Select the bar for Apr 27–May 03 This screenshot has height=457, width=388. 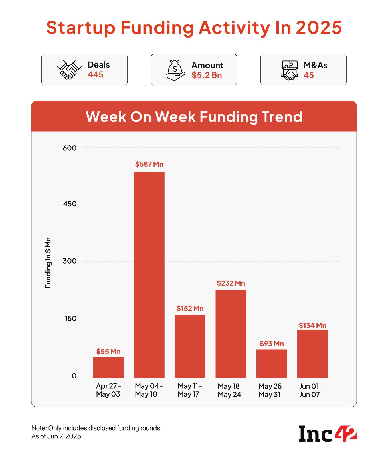coord(108,367)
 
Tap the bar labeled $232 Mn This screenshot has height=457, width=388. coord(231,334)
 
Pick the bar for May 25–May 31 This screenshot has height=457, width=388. coord(272,364)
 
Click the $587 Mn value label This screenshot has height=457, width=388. coord(149,164)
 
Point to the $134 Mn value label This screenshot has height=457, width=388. coord(312,325)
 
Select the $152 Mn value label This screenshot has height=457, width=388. coord(190,308)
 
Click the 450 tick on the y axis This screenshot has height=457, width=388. coord(70,204)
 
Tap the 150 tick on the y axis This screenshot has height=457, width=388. coord(70,319)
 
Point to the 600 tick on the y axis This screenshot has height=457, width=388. coord(70,148)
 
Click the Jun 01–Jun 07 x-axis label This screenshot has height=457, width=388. coord(311,390)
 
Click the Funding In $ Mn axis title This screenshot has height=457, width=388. coord(48,262)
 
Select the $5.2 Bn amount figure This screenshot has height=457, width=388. coord(207,75)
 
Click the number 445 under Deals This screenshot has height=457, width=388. coord(95,75)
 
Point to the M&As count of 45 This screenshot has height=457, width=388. coord(309,75)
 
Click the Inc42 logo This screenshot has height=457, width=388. coord(328,434)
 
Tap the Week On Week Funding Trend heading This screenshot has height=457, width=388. coord(194,117)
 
